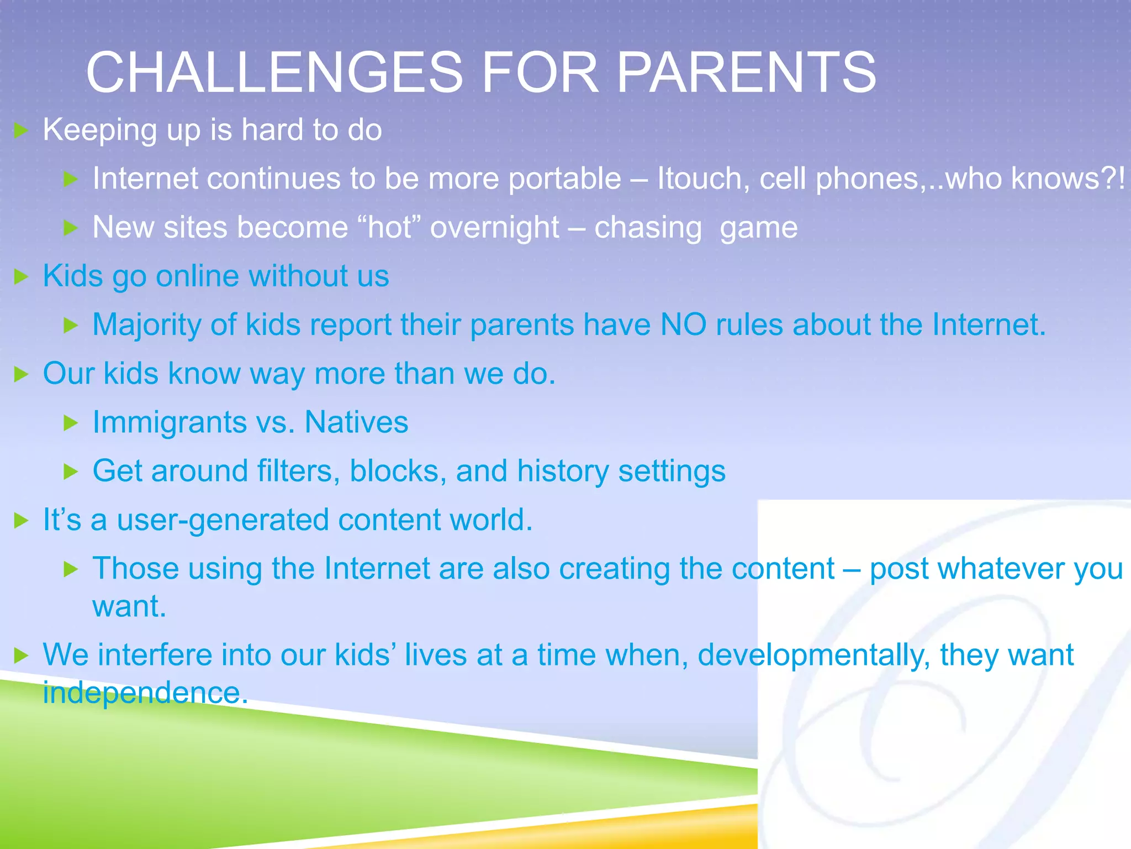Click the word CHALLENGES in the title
pyautogui.click(x=274, y=72)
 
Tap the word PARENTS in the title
pyautogui.click(x=746, y=72)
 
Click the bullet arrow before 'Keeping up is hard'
pyautogui.click(x=21, y=130)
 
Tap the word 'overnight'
pyautogui.click(x=495, y=228)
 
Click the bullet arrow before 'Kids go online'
pyautogui.click(x=21, y=277)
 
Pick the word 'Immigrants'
pyautogui.click(x=170, y=423)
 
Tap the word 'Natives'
pyautogui.click(x=356, y=422)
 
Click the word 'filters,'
pyautogui.click(x=298, y=471)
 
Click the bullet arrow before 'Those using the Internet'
pyautogui.click(x=71, y=569)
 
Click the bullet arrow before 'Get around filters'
pyautogui.click(x=71, y=472)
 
